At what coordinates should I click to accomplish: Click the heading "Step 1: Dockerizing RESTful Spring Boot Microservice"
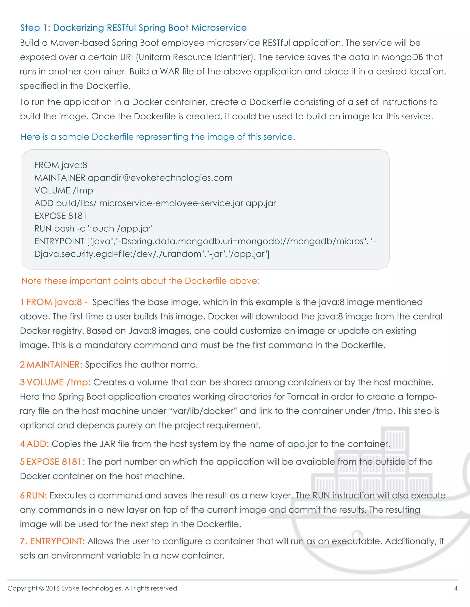[133, 28]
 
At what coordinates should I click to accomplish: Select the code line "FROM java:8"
[61, 165]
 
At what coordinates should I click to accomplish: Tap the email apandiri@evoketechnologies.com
[160, 178]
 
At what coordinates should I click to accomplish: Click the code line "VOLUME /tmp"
[64, 191]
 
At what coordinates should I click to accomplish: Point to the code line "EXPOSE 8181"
[60, 216]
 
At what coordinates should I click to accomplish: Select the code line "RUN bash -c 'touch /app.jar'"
[93, 228]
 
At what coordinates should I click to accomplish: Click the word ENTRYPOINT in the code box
[59, 241]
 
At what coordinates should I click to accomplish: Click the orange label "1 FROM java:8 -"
[54, 302]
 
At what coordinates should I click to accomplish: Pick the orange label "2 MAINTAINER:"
[51, 365]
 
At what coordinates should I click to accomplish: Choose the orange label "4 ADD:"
[34, 444]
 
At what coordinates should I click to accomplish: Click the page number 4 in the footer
[456, 588]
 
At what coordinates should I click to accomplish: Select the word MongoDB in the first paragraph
[402, 57]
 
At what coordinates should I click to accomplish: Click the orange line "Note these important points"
[140, 281]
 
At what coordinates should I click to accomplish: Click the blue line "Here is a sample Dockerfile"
[158, 137]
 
